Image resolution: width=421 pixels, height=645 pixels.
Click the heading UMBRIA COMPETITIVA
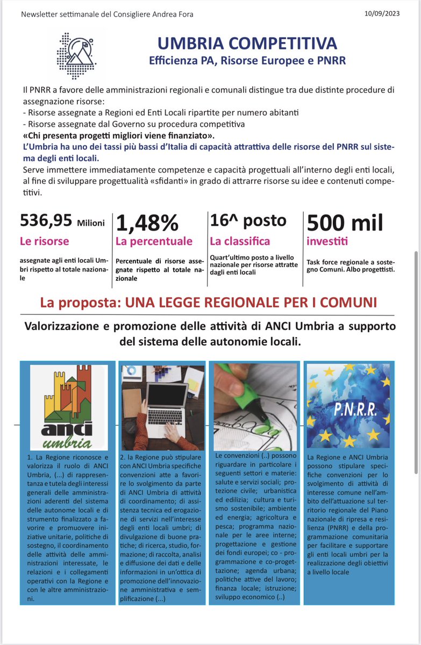coord(247,43)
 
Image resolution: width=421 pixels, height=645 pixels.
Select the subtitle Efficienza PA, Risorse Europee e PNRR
coord(247,60)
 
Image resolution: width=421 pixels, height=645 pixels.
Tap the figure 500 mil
coord(345,222)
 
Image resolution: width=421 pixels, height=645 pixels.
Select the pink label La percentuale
coord(154,241)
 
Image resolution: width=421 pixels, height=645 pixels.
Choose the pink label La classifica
coord(240,241)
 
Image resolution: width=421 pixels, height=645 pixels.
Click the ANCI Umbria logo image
coord(68,407)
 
